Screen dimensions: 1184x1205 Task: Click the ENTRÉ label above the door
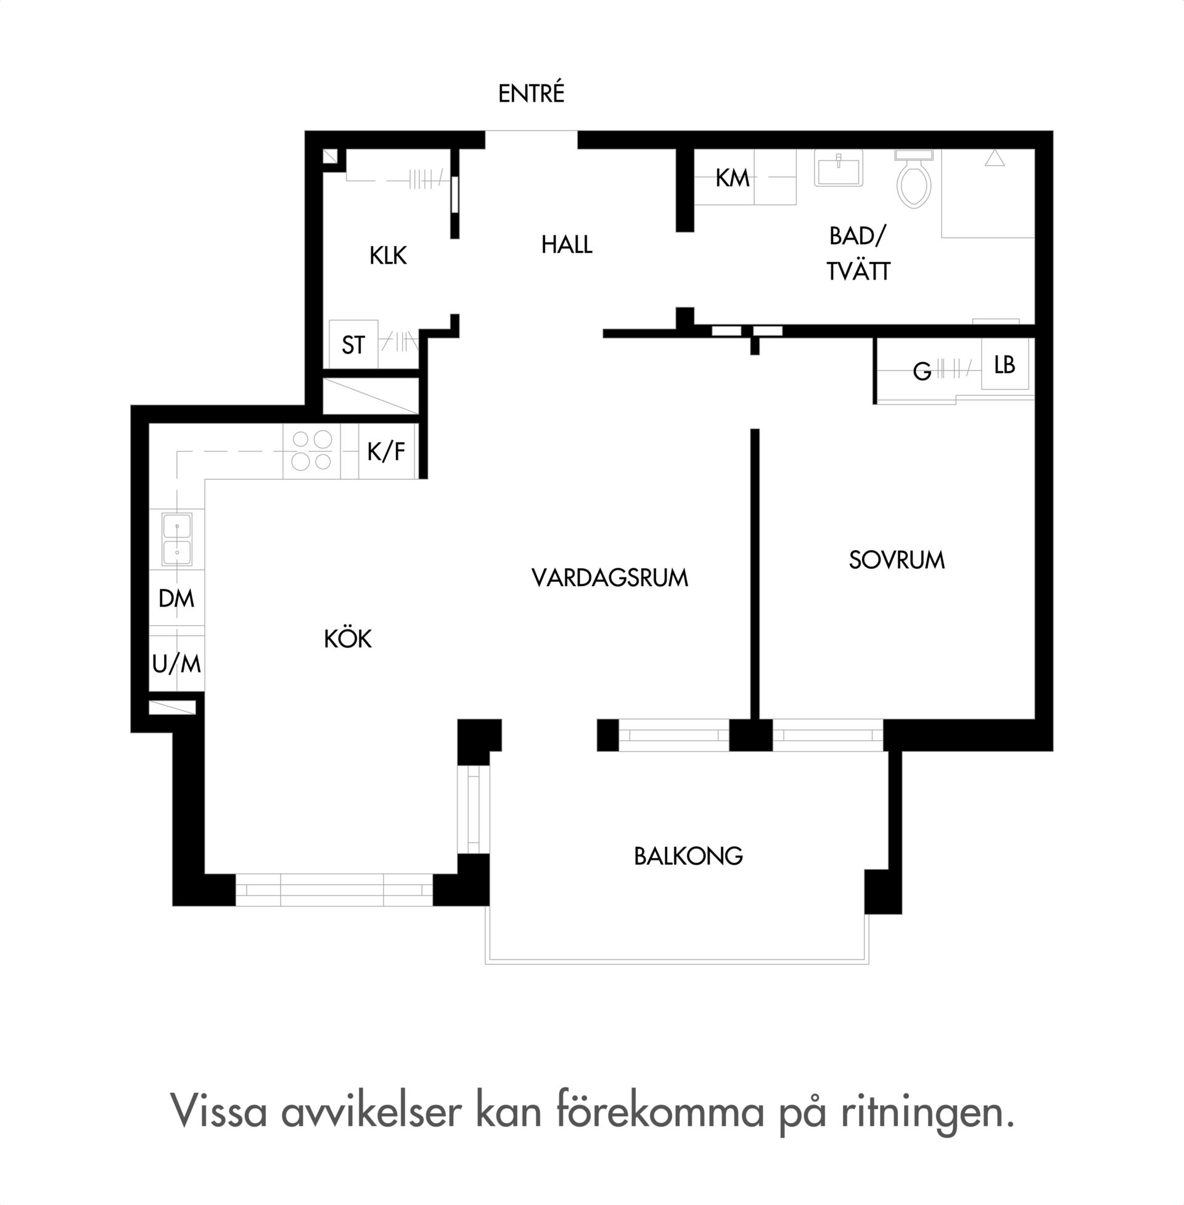coord(531,93)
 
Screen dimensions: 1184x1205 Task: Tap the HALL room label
coord(567,245)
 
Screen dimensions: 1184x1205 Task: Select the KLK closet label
coord(388,255)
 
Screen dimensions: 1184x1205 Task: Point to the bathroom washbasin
coord(838,168)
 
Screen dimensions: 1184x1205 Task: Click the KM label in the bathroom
coord(732,178)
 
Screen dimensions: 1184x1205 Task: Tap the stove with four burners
coord(311,451)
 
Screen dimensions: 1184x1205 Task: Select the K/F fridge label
coord(386,452)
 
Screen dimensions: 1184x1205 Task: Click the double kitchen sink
coord(177,539)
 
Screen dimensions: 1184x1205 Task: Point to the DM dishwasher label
coord(176,598)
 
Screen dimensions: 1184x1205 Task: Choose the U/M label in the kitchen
coord(176,664)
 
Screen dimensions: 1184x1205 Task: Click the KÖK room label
coord(348,638)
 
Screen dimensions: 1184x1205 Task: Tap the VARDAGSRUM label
coord(609,578)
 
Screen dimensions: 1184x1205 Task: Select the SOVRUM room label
coord(897,560)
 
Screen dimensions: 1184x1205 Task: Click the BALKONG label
coord(688,856)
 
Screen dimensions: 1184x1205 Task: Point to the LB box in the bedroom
coord(1005,364)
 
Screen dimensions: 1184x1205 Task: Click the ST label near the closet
coord(353,345)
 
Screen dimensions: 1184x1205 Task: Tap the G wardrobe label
coord(922,372)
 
